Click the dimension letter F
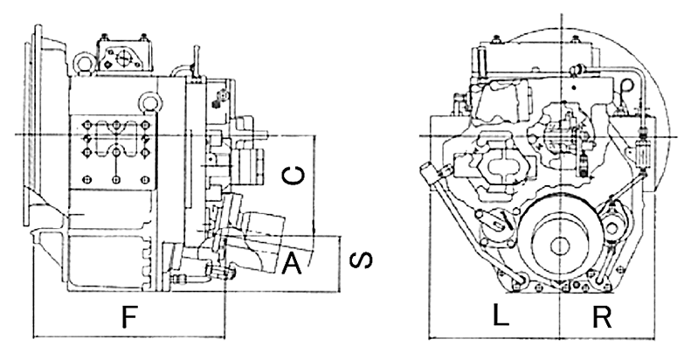coord(128,316)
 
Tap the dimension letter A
coord(292,262)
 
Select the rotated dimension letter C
coord(294,176)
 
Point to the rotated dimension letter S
coord(361,260)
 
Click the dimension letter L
coord(501,315)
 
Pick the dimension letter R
coord(602,316)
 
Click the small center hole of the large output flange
coord(561,246)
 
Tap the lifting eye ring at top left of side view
coord(83,63)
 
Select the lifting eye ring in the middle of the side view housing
coord(149,101)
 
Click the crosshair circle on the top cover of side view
coord(122,57)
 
